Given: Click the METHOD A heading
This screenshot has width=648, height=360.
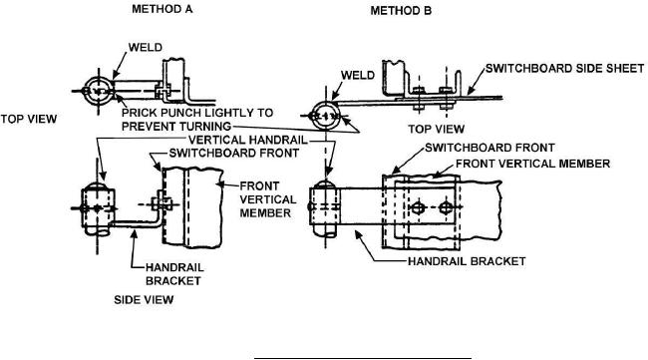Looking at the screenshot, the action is coord(162,9).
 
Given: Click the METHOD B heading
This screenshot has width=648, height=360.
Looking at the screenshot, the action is coord(401,11).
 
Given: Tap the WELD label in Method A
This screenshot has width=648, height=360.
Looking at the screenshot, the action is coord(146,48).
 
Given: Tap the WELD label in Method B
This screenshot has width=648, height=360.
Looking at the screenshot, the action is coord(358,75).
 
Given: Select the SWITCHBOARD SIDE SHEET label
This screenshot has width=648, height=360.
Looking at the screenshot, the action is coord(564,68).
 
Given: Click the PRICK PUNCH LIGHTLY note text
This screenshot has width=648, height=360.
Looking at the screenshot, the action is coord(197,120).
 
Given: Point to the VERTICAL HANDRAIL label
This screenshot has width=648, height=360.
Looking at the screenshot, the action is coord(248,140).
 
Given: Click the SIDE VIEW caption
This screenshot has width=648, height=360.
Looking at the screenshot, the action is coord(144,299).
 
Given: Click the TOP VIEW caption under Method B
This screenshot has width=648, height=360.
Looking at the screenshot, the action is coord(436,129).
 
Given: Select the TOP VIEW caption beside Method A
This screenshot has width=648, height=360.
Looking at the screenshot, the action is coord(29,119).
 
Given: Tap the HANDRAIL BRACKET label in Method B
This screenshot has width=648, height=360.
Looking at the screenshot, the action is coord(467,261).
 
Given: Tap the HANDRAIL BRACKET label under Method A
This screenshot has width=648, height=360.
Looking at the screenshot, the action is coord(174,274).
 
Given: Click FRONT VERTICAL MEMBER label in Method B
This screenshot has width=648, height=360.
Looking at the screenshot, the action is coord(532,164).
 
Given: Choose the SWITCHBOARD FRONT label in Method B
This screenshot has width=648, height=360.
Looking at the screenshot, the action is coord(489,148).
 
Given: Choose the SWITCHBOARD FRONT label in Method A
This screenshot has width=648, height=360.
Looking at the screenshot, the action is coord(234,153).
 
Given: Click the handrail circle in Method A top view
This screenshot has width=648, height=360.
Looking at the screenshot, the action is coord(98,79).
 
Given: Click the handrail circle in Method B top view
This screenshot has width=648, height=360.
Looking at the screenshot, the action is coord(326,102).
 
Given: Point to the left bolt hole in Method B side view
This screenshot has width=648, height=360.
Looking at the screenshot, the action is coord(418,207).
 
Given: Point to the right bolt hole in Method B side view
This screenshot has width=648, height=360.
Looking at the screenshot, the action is coord(446,207).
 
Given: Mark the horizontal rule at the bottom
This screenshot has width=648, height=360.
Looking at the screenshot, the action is coord(363,358).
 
